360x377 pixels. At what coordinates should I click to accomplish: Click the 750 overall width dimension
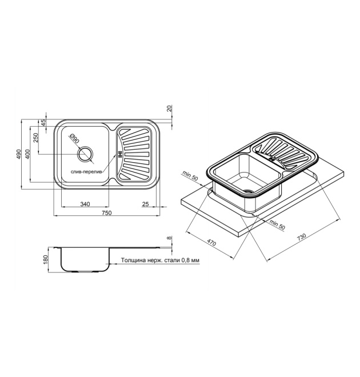point(107,213)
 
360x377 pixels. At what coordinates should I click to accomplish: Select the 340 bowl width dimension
point(85,204)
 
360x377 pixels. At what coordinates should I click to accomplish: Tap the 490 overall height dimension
point(18,154)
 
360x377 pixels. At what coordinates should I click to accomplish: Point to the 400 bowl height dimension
point(27,154)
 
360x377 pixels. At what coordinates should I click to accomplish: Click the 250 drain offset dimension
point(35,138)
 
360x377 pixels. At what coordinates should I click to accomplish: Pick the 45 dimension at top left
point(43,123)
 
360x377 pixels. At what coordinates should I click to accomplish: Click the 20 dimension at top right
point(170,108)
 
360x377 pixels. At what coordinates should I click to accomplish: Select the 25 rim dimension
point(146,204)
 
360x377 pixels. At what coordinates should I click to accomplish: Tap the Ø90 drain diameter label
point(74,139)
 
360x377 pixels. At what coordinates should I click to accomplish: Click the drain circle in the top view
point(85,154)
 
